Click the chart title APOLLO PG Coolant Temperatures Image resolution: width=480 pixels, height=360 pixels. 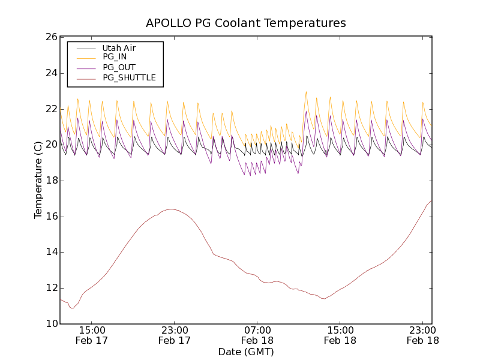246,23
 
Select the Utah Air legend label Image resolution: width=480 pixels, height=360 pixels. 118,47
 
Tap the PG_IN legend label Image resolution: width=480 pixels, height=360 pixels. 115,57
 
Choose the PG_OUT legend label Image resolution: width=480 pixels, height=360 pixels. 119,67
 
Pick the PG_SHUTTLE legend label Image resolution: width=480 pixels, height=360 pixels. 129,77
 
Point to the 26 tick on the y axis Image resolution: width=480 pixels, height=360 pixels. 50,37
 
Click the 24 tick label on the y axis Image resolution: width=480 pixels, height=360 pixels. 50,73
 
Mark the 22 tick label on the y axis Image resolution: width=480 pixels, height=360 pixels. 50,109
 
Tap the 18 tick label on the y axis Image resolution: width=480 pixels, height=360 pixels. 50,181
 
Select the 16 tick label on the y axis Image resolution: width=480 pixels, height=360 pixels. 50,217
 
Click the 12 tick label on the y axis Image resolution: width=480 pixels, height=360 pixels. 50,288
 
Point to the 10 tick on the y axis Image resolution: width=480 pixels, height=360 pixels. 50,324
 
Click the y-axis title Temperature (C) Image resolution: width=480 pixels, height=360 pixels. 38,180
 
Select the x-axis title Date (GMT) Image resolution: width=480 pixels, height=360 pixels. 246,352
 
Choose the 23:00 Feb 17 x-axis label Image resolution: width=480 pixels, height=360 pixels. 175,335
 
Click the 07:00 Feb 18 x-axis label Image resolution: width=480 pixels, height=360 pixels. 257,335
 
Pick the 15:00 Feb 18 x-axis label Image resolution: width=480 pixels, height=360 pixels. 340,335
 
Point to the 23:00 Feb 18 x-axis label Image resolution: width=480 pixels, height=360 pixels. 423,335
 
